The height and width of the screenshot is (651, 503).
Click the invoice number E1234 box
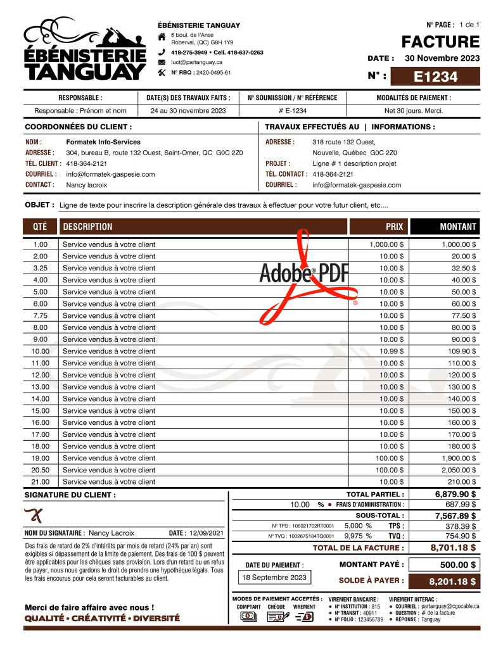[435, 77]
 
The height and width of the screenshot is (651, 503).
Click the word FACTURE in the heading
[440, 42]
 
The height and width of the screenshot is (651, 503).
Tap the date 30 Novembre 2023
[442, 58]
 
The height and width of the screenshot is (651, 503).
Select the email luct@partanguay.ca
[196, 62]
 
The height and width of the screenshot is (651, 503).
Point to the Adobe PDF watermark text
[304, 272]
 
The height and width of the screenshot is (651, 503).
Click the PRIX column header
[394, 227]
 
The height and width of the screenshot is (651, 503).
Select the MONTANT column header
[458, 227]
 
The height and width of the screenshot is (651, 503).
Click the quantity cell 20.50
[41, 470]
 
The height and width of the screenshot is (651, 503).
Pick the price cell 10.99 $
[392, 351]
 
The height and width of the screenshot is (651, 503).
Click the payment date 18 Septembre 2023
[275, 578]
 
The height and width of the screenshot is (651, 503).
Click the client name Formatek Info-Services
[103, 142]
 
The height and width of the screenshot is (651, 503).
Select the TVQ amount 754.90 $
[461, 536]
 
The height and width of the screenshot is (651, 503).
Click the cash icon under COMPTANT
[249, 616]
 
